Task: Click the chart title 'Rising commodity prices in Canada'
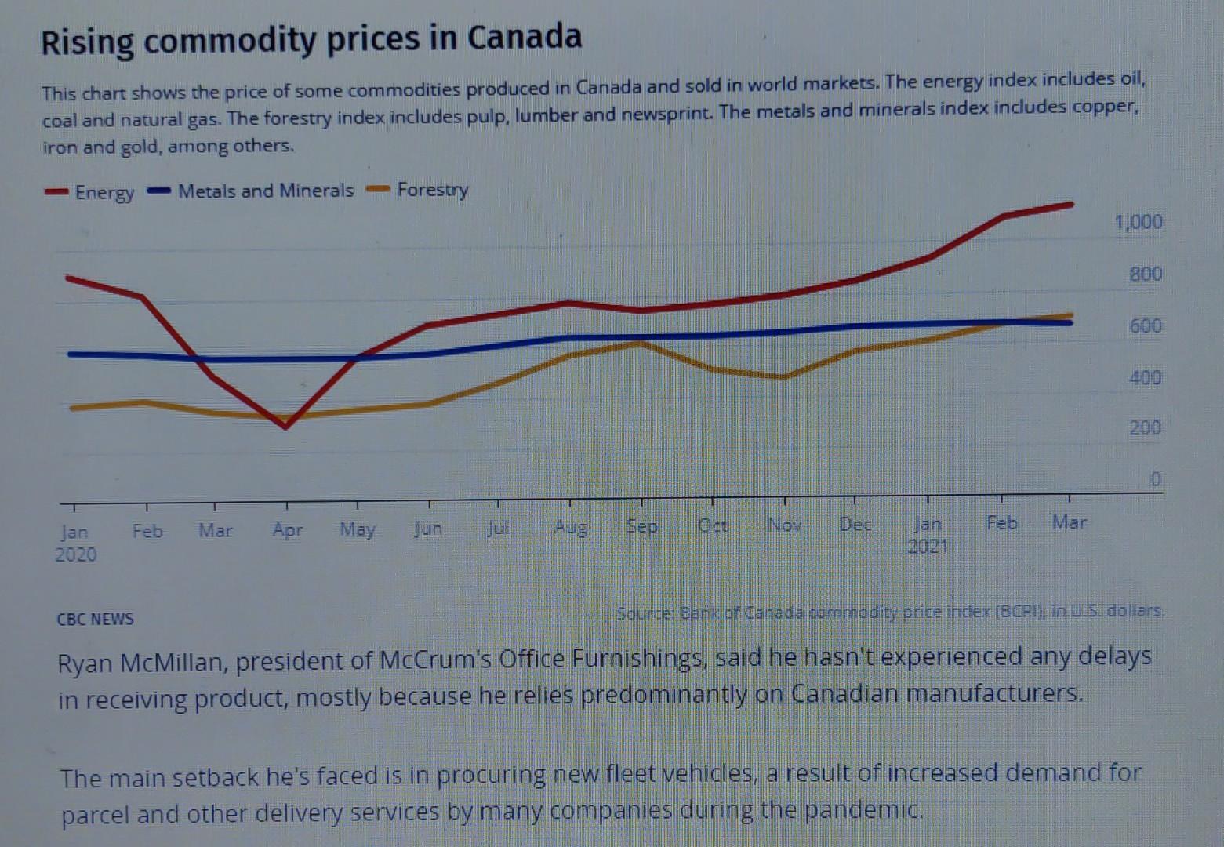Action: pos(311,40)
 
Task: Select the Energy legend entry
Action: pos(89,192)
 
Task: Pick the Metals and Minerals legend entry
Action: pos(250,191)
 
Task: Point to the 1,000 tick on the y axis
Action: pos(1138,222)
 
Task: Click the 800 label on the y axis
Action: pos(1145,274)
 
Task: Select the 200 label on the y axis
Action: pos(1145,428)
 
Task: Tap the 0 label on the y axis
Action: pos(1155,479)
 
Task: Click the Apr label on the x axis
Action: pos(287,530)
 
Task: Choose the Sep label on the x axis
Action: pos(641,526)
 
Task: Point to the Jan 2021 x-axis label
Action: pos(928,534)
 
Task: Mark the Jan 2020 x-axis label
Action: pos(75,543)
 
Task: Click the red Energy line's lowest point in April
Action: pos(285,426)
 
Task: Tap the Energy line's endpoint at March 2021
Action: pos(1070,205)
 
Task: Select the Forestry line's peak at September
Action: pos(640,344)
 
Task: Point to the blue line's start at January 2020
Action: pos(71,354)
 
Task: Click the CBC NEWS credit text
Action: pos(95,619)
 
